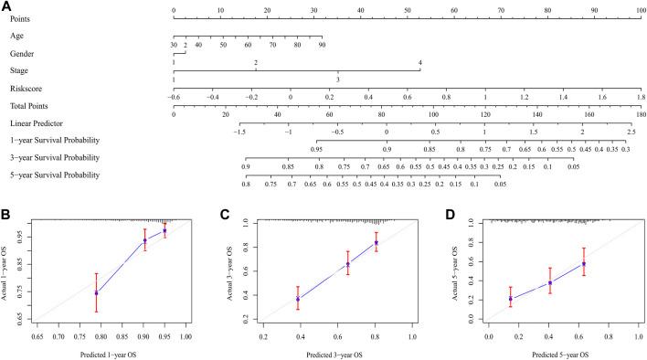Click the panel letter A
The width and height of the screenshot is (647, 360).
[7, 6]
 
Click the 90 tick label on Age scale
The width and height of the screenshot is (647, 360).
[322, 45]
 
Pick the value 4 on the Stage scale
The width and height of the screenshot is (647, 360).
[419, 62]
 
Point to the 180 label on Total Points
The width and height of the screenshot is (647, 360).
[640, 114]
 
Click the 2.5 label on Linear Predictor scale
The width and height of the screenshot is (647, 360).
[631, 132]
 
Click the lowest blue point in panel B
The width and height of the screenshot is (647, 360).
[96, 292]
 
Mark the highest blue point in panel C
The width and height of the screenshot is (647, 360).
[376, 243]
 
